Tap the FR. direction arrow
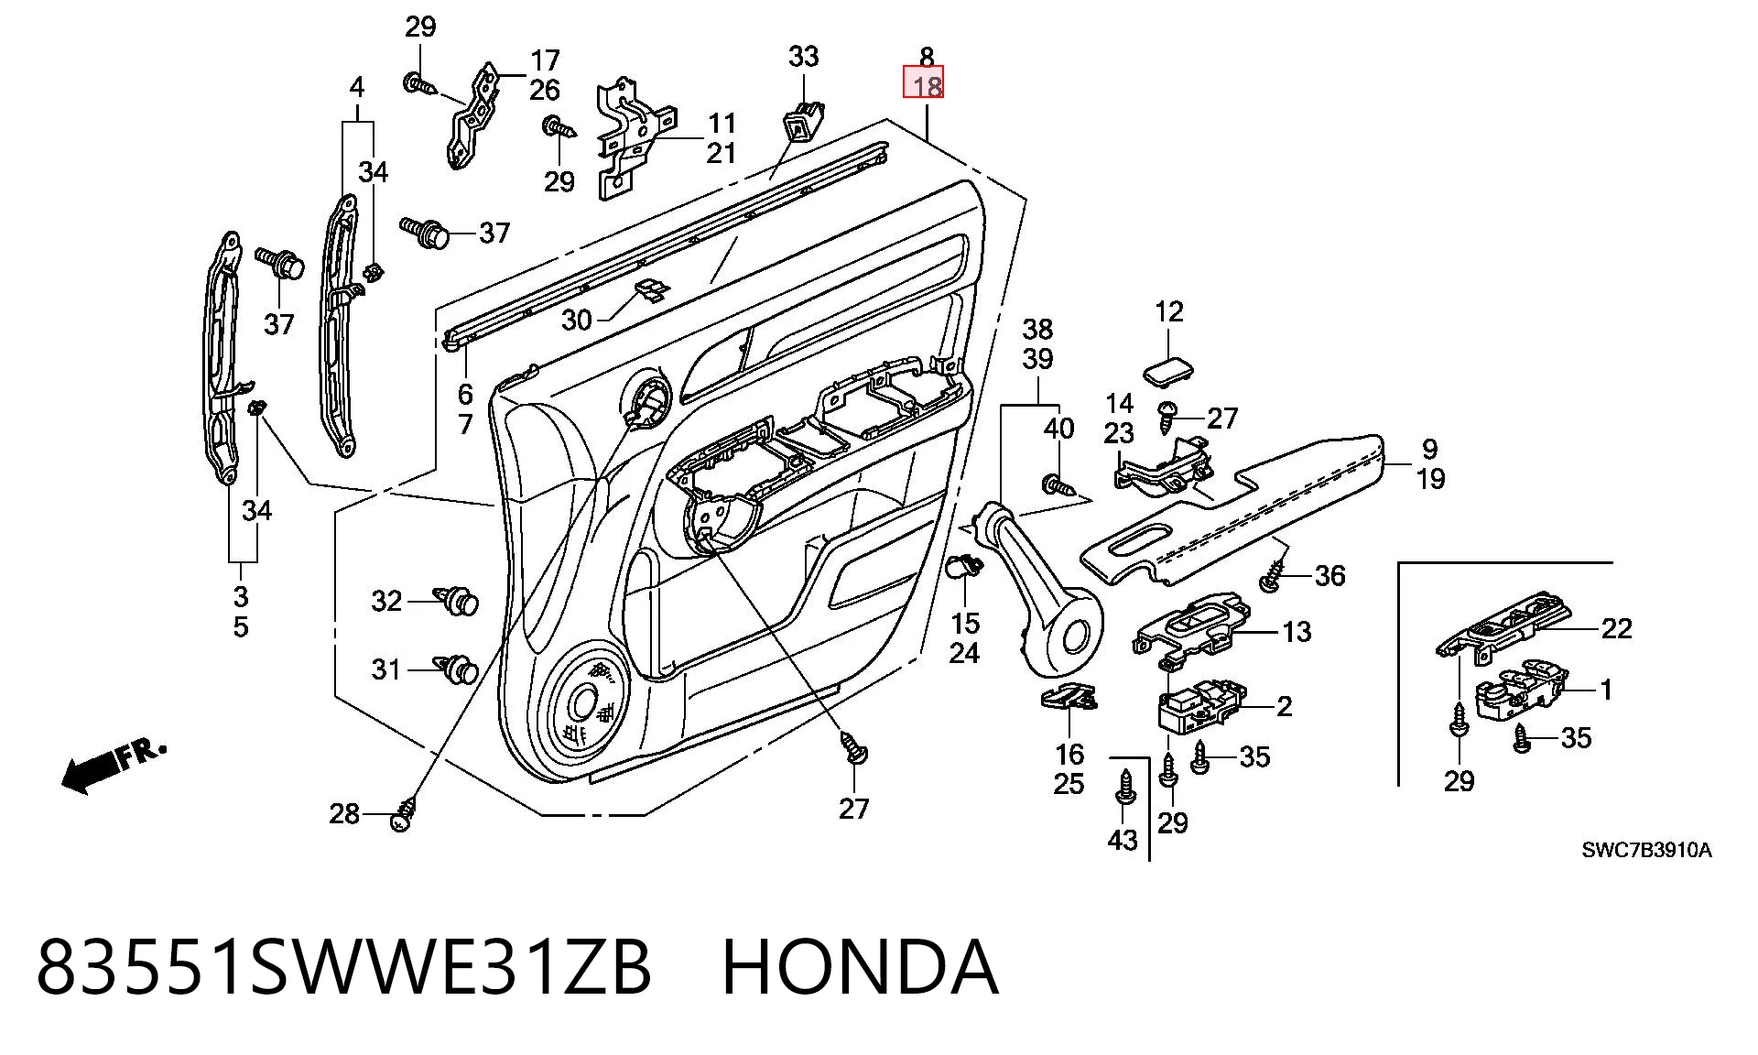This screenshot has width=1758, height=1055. [114, 766]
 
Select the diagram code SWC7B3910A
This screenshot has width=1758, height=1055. [1646, 850]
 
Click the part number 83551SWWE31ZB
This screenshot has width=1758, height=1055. [344, 967]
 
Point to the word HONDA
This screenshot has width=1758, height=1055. [860, 967]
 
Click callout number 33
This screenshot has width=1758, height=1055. [803, 57]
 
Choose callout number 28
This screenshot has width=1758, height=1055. [344, 813]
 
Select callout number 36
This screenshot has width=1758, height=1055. [1329, 575]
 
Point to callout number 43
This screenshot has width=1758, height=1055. [1123, 840]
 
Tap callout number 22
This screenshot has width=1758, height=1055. [1616, 628]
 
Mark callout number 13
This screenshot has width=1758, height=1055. [1297, 631]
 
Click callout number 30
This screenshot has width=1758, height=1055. [577, 320]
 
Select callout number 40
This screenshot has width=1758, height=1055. [1058, 428]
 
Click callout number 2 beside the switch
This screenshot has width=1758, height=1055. [1285, 706]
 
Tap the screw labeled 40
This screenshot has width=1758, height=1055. [1058, 483]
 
